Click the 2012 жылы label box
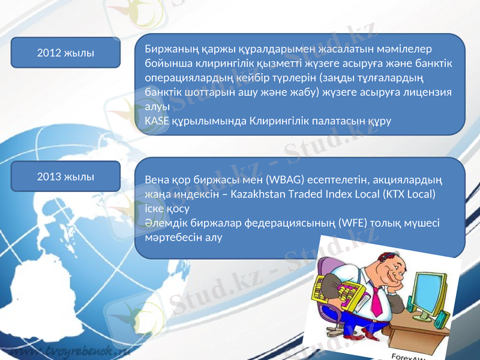(x=65, y=53)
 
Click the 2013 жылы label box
(x=65, y=177)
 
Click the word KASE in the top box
(x=157, y=121)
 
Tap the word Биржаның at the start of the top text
(x=170, y=49)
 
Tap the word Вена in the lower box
(x=158, y=180)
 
